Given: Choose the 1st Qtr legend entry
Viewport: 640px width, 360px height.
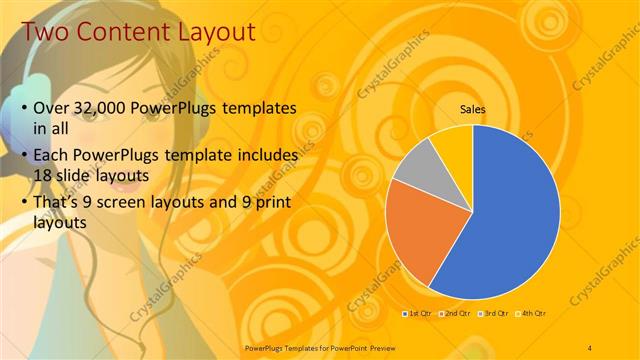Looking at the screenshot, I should (419, 313).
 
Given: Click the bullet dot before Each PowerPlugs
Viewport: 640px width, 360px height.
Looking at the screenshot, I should (25, 156).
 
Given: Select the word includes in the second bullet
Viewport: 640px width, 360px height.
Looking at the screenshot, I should (265, 156).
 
